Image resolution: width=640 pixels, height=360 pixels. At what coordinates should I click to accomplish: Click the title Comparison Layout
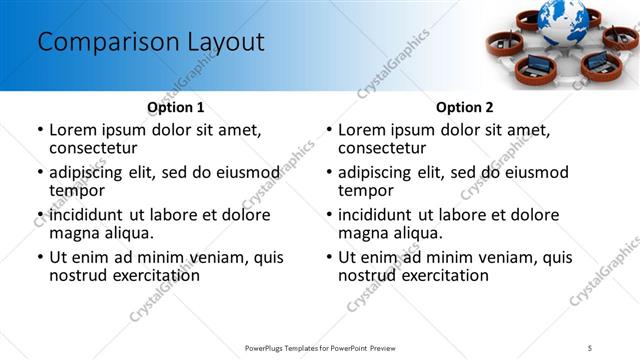click(151, 43)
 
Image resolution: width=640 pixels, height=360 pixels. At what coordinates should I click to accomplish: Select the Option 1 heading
click(175, 107)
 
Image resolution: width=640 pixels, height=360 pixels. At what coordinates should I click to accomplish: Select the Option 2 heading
click(464, 107)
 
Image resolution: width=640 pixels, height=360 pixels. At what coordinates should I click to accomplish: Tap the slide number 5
click(591, 347)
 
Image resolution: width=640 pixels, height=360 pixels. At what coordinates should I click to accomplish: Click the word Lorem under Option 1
click(76, 130)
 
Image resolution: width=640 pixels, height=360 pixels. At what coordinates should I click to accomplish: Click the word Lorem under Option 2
click(365, 130)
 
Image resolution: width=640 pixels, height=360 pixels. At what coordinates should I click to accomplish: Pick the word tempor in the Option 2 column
click(366, 190)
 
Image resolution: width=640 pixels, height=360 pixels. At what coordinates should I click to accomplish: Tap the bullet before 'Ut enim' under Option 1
click(39, 257)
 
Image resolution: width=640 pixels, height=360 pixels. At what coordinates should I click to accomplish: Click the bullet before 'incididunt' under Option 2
click(328, 215)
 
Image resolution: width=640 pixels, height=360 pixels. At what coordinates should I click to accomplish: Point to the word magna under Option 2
click(363, 233)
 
